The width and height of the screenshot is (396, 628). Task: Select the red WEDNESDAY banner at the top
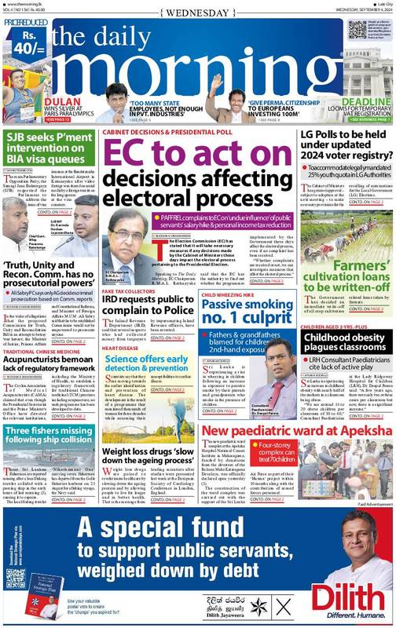click(x=197, y=11)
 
